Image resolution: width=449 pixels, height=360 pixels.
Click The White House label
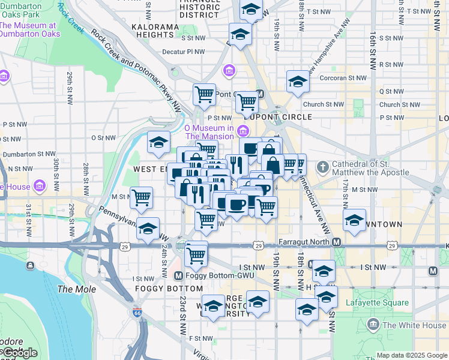(414, 325)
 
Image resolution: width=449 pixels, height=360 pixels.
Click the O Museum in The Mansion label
(208, 132)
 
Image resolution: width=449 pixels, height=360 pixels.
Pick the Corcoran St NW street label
(343, 78)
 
